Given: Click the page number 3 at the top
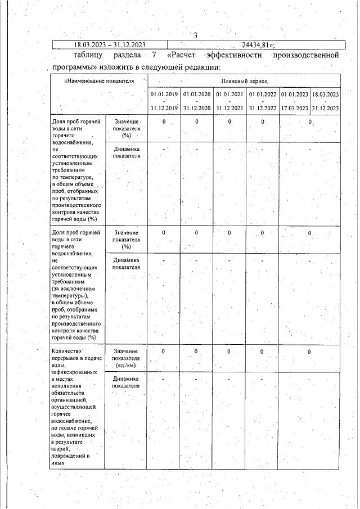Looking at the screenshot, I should point(195,36).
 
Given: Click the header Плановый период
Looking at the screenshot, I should point(243,81).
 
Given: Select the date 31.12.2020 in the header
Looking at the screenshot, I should point(197,108).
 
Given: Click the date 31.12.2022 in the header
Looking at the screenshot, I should point(262,108).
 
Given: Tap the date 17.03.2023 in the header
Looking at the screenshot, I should point(294,108).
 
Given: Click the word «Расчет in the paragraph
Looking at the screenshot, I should point(183,56).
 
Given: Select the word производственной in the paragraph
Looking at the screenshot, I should point(305,56).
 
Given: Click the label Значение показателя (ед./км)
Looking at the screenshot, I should point(126,359).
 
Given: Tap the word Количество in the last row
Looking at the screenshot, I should point(67,351).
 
